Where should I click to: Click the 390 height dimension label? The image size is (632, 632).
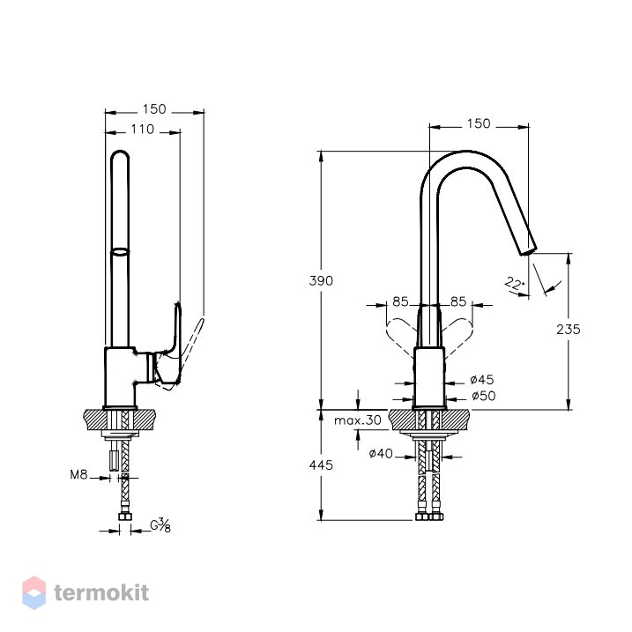pyautogui.click(x=321, y=280)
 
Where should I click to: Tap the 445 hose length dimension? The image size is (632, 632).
pyautogui.click(x=321, y=465)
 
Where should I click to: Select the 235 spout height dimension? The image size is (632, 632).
pyautogui.click(x=569, y=330)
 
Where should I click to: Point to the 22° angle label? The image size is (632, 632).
pyautogui.click(x=515, y=283)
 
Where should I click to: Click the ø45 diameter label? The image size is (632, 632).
pyautogui.click(x=481, y=379)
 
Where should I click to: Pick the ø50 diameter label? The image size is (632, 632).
pyautogui.click(x=484, y=396)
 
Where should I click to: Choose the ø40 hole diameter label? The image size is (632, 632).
pyautogui.click(x=381, y=453)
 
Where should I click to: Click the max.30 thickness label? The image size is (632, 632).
pyautogui.click(x=358, y=420)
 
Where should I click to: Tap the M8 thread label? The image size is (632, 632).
pyautogui.click(x=78, y=474)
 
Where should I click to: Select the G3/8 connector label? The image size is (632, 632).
pyautogui.click(x=160, y=525)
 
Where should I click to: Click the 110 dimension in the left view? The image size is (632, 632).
pyautogui.click(x=142, y=129)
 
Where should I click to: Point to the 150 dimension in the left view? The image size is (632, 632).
pyautogui.click(x=154, y=108)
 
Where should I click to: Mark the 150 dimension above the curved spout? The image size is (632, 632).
pyautogui.click(x=479, y=123)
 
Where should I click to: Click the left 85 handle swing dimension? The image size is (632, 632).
pyautogui.click(x=400, y=301)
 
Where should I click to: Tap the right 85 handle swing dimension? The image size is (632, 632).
pyautogui.click(x=458, y=301)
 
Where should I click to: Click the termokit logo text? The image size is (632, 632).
pyautogui.click(x=101, y=593)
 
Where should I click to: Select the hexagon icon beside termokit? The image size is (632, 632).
pyautogui.click(x=33, y=592)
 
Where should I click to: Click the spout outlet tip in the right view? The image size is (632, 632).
pyautogui.click(x=528, y=251)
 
